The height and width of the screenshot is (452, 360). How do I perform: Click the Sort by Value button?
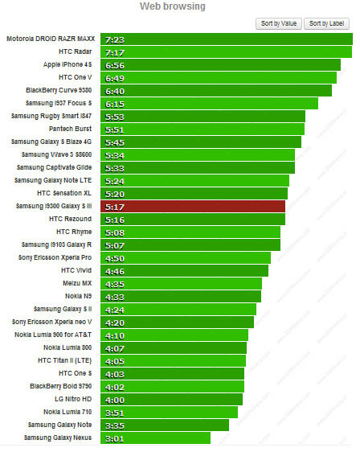279,23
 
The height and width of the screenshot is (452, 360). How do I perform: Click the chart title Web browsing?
173,6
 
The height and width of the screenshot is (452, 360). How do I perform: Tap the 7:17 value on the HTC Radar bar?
111,51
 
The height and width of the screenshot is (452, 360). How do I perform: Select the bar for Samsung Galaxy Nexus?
153,438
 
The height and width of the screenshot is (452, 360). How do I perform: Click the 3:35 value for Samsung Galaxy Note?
111,425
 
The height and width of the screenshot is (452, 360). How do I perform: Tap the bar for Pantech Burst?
201,129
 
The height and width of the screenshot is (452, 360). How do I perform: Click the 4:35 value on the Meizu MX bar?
111,283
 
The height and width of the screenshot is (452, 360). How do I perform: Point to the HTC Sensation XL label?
64,193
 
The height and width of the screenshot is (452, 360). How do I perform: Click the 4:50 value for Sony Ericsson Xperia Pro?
111,257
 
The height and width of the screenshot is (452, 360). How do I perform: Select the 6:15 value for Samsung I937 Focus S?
111,103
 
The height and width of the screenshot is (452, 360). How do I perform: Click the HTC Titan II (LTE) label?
64,360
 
